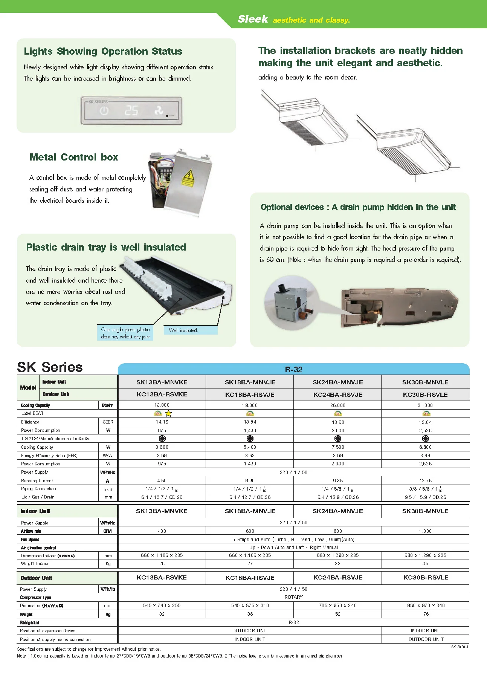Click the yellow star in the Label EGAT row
[x=168, y=413]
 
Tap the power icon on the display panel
[x=104, y=111]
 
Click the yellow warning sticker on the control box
[x=188, y=177]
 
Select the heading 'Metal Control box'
[x=74, y=157]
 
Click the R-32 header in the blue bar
[x=293, y=369]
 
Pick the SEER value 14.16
[x=162, y=422]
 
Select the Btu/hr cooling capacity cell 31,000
[x=425, y=405]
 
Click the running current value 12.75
[x=425, y=481]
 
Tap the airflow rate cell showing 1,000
[x=425, y=531]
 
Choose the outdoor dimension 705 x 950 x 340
[x=337, y=606]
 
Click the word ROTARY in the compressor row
[x=293, y=597]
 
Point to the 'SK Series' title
[x=50, y=367]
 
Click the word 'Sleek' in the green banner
[x=253, y=19]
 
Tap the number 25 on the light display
[x=131, y=111]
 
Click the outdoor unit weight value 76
[x=426, y=614]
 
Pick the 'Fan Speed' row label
[x=30, y=540]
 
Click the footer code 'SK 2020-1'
[x=460, y=647]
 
